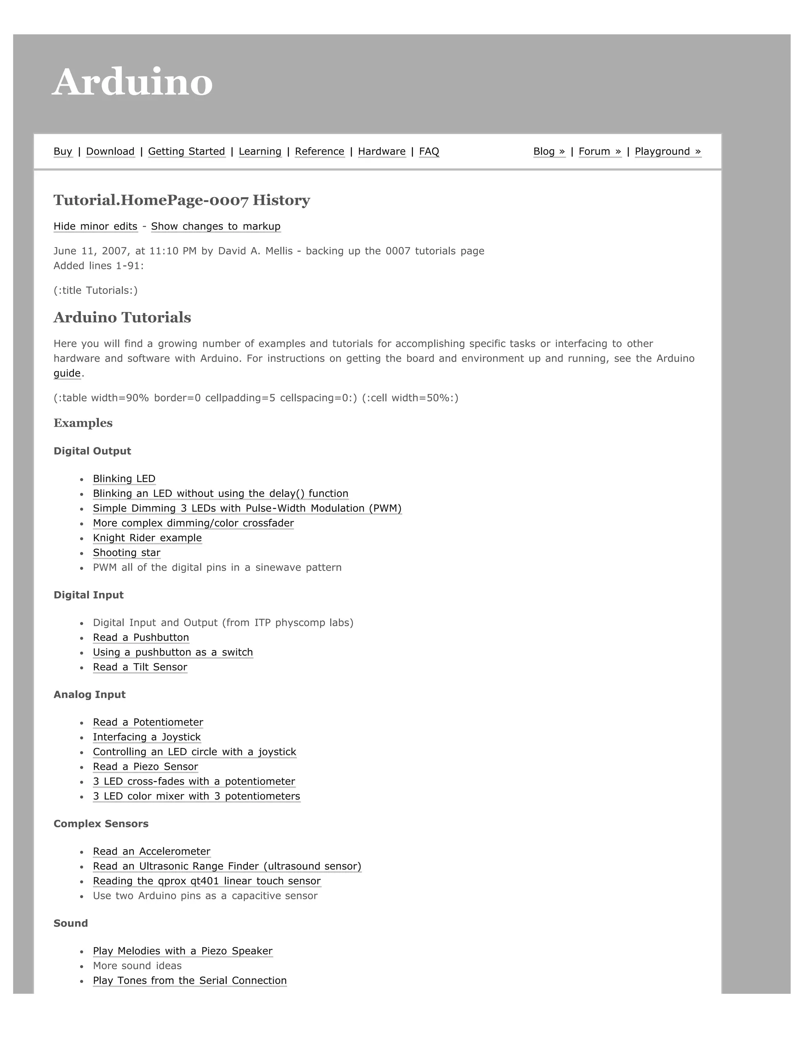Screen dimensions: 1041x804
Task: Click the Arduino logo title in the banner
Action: (x=132, y=82)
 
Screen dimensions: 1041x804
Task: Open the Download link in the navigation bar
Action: (x=110, y=152)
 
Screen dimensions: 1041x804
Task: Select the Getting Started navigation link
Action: (x=186, y=152)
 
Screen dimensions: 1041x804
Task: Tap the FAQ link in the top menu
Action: (x=429, y=152)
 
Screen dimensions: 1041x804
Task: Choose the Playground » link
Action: (x=667, y=152)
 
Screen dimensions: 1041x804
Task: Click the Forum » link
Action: (x=600, y=152)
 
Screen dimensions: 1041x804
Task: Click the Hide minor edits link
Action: (x=95, y=226)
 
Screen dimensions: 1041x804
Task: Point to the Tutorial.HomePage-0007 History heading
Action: (x=181, y=200)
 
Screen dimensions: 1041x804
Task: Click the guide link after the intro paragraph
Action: (x=67, y=373)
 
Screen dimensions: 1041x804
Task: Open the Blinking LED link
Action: (x=124, y=478)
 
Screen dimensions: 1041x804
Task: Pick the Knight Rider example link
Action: (x=147, y=538)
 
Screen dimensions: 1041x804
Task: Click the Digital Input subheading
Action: (x=89, y=595)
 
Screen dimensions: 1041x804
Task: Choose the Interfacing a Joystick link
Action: (x=147, y=737)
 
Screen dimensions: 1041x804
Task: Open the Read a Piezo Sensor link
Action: (x=145, y=766)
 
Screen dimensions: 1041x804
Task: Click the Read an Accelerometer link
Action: (x=152, y=851)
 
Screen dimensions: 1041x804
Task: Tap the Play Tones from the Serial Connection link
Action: (x=190, y=981)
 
